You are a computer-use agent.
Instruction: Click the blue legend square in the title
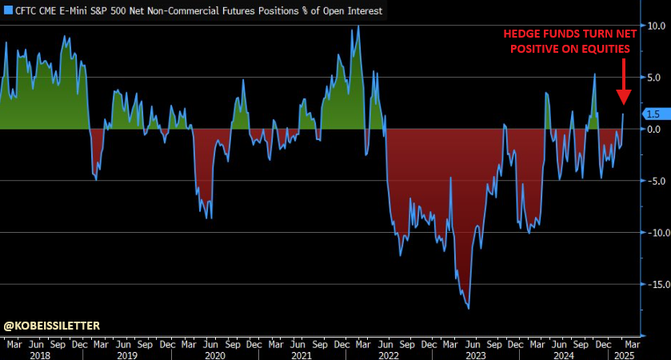tap(8, 11)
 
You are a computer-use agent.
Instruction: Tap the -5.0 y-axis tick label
tap(657, 181)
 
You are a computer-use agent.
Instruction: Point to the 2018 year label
tap(41, 354)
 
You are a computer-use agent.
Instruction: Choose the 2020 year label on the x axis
tap(214, 354)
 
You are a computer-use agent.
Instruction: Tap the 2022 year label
tap(389, 354)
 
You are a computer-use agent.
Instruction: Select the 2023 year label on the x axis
tap(476, 354)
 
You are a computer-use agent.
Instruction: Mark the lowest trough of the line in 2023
tap(469, 308)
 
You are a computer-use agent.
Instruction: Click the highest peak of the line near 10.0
tap(357, 26)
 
